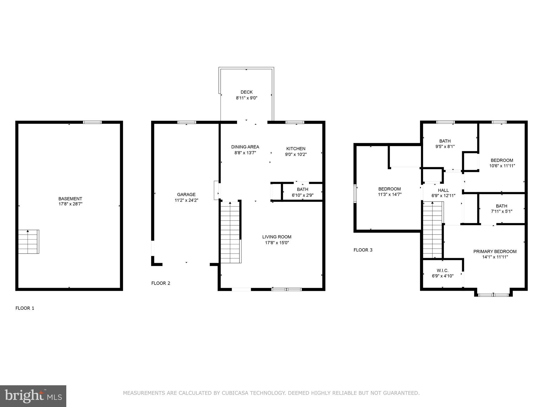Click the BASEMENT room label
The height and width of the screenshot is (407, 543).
[x=70, y=198]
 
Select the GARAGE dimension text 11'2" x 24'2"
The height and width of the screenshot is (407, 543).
[x=186, y=200]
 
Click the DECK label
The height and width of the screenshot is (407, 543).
[x=247, y=92]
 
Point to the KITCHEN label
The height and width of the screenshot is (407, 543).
[x=296, y=149]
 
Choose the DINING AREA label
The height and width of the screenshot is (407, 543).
[x=245, y=147]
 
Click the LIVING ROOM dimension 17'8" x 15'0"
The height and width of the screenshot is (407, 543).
[x=277, y=243]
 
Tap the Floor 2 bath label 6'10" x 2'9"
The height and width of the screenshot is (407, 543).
[x=303, y=195]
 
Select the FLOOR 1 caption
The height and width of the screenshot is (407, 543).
[x=25, y=308]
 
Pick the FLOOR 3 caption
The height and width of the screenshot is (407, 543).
[x=363, y=250]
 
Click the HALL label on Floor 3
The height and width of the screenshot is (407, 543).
[x=443, y=190]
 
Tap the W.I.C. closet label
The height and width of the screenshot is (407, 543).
[x=443, y=271]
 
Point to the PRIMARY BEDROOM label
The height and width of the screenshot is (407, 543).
[x=495, y=251]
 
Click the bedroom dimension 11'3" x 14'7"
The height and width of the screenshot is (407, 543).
[x=389, y=194]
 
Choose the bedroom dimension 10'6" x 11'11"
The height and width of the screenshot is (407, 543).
[x=502, y=166]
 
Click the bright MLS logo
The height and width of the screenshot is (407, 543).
[x=33, y=396]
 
